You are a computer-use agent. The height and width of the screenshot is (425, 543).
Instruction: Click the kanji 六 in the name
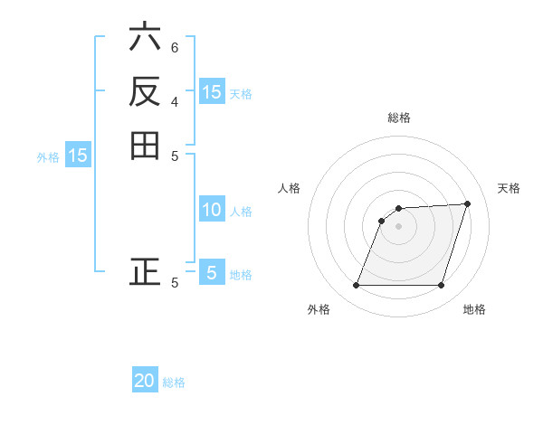pyautogui.click(x=146, y=39)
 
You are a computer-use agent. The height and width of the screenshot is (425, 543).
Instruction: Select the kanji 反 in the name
pyautogui.click(x=146, y=91)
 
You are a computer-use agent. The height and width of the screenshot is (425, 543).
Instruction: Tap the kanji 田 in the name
pyautogui.click(x=146, y=145)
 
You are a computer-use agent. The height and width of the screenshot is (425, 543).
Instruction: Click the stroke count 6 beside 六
pyautogui.click(x=175, y=47)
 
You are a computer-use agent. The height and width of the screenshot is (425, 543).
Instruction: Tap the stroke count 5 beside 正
pyautogui.click(x=175, y=282)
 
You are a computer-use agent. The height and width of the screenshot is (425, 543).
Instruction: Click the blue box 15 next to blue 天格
pyautogui.click(x=212, y=91)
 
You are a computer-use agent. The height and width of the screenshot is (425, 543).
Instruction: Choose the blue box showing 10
pyautogui.click(x=212, y=211)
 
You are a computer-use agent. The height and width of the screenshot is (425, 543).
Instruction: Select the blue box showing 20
pyautogui.click(x=145, y=381)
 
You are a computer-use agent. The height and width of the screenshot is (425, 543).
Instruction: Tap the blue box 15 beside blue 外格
pyautogui.click(x=79, y=156)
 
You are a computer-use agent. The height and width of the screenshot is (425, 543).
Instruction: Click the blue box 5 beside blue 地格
pyautogui.click(x=212, y=272)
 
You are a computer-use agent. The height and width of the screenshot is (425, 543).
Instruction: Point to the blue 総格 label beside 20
pyautogui.click(x=174, y=382)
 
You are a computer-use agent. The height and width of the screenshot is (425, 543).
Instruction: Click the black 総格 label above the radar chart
pyautogui.click(x=399, y=118)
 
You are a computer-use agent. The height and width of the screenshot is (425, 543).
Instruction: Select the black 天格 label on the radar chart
pyautogui.click(x=509, y=188)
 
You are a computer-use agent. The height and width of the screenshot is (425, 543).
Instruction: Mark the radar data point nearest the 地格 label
pyautogui.click(x=442, y=286)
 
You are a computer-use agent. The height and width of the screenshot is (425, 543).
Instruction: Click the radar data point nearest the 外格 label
pyautogui.click(x=357, y=286)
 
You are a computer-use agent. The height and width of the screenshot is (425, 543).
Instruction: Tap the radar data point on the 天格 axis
pyautogui.click(x=468, y=203)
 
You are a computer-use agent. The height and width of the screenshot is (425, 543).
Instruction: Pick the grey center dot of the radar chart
pyautogui.click(x=399, y=226)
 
